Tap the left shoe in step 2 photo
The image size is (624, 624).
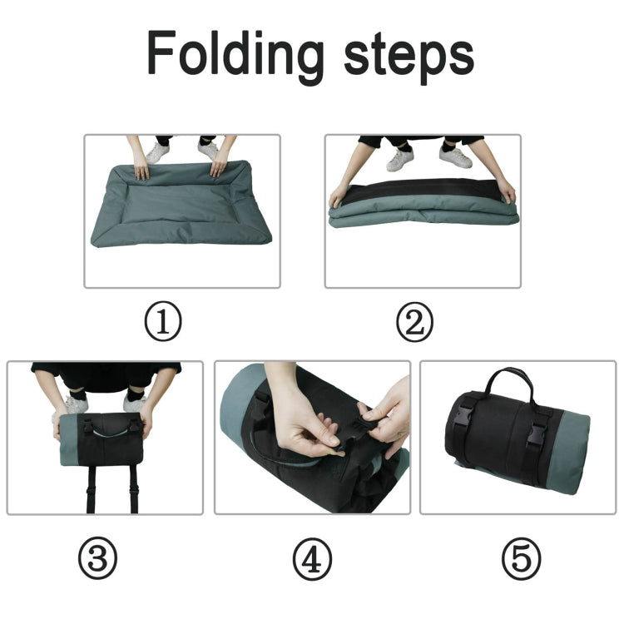coord(399,159)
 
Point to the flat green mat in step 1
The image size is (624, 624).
coord(181,208)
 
